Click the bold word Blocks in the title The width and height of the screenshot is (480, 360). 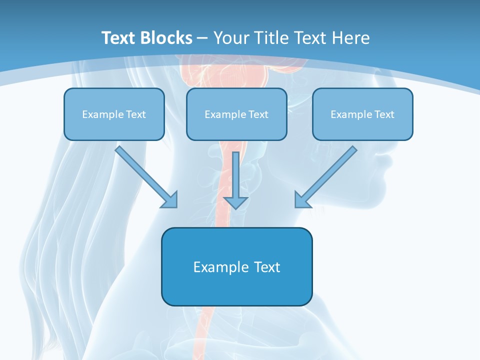click(167, 38)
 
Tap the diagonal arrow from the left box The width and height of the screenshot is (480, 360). click(145, 176)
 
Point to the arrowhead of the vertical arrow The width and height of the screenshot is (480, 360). click(235, 202)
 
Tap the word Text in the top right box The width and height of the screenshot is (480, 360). click(383, 114)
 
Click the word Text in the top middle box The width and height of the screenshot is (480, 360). click(257, 114)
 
